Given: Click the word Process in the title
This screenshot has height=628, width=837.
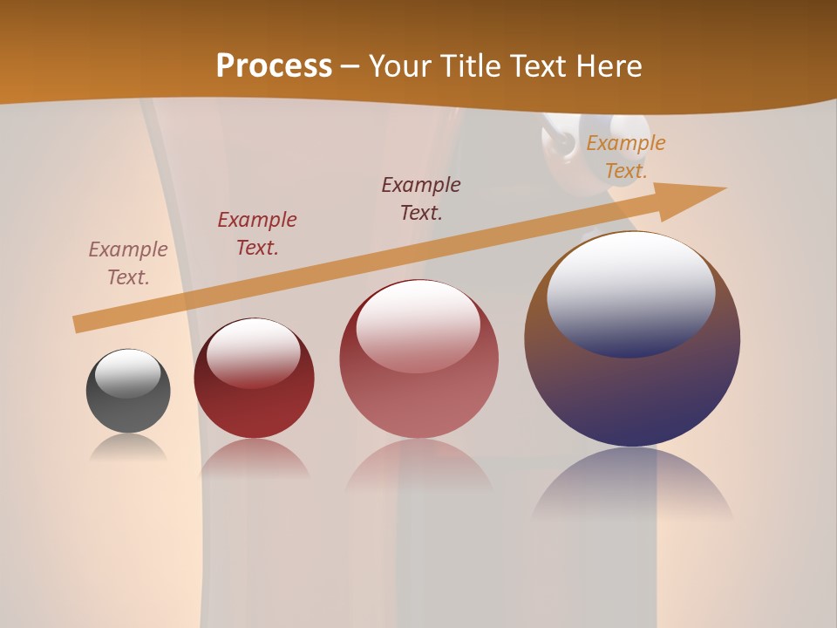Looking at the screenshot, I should tap(274, 65).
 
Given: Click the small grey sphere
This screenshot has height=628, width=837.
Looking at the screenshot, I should tap(128, 410).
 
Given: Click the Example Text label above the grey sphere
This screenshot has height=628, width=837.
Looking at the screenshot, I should tap(128, 263).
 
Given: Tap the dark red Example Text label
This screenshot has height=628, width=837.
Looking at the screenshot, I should tap(257, 234).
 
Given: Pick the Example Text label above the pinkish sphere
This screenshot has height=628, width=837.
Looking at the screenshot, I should tap(421, 199).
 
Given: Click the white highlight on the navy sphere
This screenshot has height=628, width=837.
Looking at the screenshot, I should tap(630, 292).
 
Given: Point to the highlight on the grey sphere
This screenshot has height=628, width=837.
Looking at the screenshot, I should tap(128, 373).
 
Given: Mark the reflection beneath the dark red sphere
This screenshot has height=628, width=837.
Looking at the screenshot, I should tap(254, 458).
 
